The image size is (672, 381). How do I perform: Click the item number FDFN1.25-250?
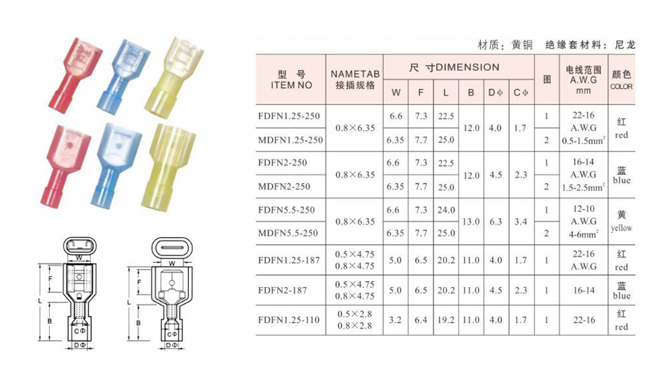[x=289, y=116]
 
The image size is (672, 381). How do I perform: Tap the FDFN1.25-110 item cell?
[x=289, y=320]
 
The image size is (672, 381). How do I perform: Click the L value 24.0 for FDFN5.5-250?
[x=446, y=210]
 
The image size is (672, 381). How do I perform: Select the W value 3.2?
[x=395, y=320]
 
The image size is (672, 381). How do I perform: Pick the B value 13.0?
[x=470, y=222]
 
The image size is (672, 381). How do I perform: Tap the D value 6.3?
[x=496, y=222]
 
